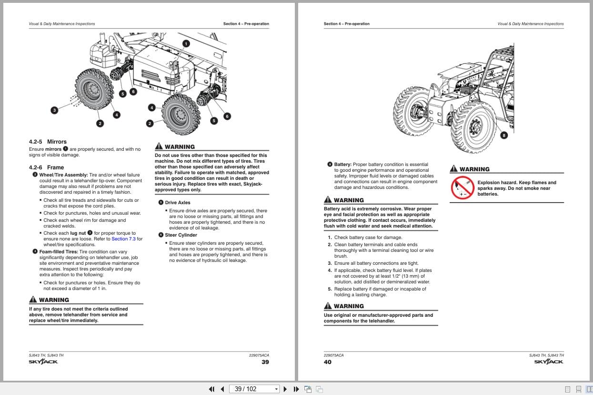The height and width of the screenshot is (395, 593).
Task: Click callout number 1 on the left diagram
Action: pyautogui.click(x=186, y=43)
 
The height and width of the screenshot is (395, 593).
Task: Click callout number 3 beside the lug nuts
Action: pyautogui.click(x=54, y=110)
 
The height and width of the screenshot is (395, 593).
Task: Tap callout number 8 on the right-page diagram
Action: pyautogui.click(x=504, y=135)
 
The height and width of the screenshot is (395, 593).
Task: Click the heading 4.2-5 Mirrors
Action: pyautogui.click(x=48, y=142)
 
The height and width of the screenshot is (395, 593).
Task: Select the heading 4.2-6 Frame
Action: pyautogui.click(x=46, y=167)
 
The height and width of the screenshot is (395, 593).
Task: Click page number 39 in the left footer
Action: pyautogui.click(x=265, y=362)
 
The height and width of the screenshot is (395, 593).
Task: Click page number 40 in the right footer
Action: pyautogui.click(x=328, y=362)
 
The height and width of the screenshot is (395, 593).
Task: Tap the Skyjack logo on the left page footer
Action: pyautogui.click(x=43, y=362)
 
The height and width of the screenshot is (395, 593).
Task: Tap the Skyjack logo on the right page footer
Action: pyautogui.click(x=549, y=362)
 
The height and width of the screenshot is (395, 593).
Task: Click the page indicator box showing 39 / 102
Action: pyautogui.click(x=254, y=389)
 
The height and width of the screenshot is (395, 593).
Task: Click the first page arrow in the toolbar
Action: pyautogui.click(x=212, y=389)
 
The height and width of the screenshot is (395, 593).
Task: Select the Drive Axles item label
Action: pyautogui.click(x=177, y=203)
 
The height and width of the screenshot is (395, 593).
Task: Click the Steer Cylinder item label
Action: pyautogui.click(x=181, y=235)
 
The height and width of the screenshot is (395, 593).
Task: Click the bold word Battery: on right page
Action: pyautogui.click(x=342, y=165)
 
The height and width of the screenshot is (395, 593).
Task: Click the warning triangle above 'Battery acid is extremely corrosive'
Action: pyautogui.click(x=328, y=200)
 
